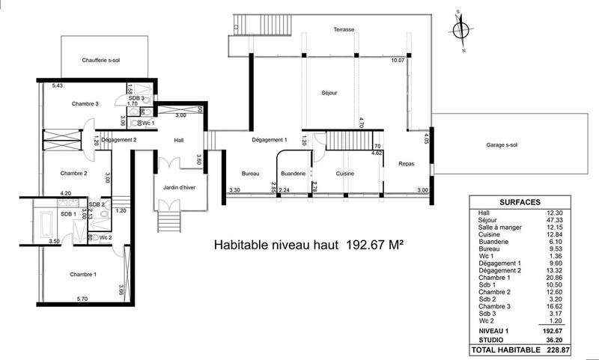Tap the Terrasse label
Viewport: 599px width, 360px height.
(344, 29)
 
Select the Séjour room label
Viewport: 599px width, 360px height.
(329, 94)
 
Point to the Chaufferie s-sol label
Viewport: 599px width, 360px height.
(104, 60)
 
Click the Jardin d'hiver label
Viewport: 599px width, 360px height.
(180, 188)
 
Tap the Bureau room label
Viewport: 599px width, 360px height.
(250, 174)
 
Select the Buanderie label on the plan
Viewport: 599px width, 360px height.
(293, 174)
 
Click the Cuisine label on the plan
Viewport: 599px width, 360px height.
(344, 174)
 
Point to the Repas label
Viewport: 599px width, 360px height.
(407, 163)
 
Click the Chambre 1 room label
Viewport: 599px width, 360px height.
(85, 274)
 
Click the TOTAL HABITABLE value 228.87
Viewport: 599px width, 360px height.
(573, 350)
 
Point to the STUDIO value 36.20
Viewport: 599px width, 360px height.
(573, 337)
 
